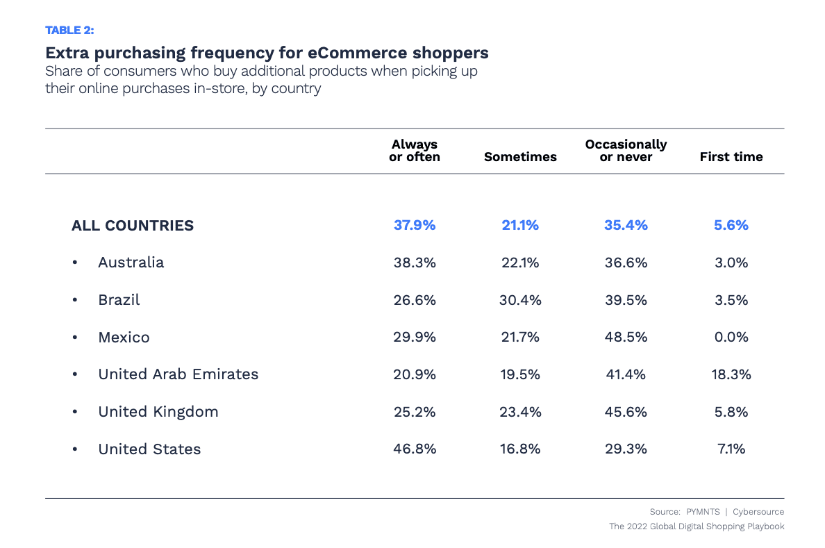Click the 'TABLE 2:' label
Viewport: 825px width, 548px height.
69,30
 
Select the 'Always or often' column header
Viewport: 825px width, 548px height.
415,151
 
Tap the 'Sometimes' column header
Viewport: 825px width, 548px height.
520,157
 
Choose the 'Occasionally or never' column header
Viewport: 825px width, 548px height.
626,151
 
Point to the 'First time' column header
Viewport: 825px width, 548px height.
731,157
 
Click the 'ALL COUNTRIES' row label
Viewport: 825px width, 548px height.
133,226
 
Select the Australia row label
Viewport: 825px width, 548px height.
131,263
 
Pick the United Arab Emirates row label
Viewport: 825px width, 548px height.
178,374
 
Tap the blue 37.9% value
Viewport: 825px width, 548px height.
415,226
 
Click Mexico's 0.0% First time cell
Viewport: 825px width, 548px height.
731,338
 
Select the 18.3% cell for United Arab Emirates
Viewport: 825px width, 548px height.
731,374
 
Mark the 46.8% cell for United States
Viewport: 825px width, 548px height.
415,449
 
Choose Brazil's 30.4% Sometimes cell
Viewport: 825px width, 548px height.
520,300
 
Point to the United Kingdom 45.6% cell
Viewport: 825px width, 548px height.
626,412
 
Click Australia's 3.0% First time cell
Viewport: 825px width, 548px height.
731,263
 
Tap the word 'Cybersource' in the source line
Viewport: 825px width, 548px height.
759,512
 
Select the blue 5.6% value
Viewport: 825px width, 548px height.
731,226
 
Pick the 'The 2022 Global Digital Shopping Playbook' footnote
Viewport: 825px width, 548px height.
697,526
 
